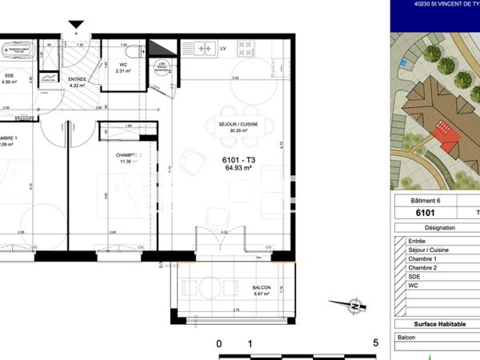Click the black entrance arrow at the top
click(x=76, y=29)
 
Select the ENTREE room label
click(x=78, y=79)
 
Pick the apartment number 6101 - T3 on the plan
click(x=238, y=160)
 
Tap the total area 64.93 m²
click(x=238, y=169)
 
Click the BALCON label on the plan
click(x=262, y=287)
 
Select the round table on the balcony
click(x=210, y=288)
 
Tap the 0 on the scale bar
click(x=219, y=344)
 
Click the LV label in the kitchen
click(x=223, y=49)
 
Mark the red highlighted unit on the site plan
click(x=446, y=131)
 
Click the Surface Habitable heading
click(x=435, y=324)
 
